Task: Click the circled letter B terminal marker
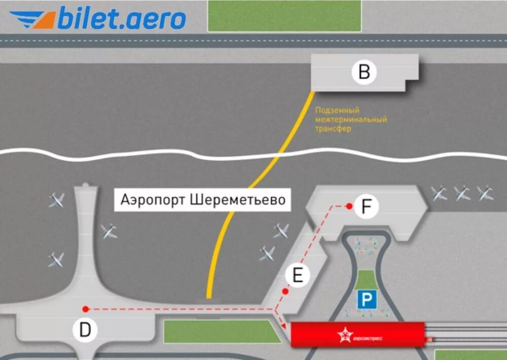[x=364, y=73]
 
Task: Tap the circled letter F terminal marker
[x=367, y=207]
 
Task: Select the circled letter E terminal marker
[x=297, y=275]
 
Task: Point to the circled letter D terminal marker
[x=85, y=330]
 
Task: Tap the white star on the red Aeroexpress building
[x=345, y=335]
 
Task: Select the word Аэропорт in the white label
[x=153, y=199]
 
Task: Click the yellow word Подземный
[x=330, y=110]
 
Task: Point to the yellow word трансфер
[x=333, y=129]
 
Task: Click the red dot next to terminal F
[x=349, y=206]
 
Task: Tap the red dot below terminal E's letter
[x=285, y=292]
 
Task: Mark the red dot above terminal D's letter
[x=85, y=308]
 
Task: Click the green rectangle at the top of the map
[x=284, y=16]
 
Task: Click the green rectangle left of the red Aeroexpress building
[x=223, y=331]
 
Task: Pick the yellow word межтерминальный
[x=351, y=120]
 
